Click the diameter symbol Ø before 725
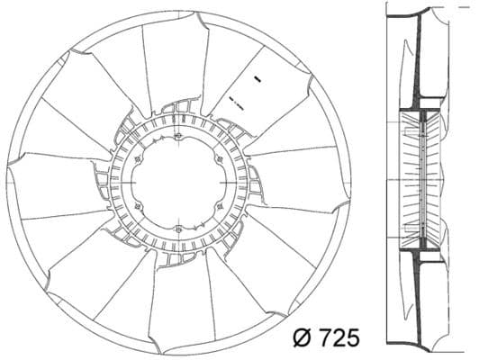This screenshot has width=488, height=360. [303, 338]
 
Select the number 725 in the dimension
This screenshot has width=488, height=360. [337, 338]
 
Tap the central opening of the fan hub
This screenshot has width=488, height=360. [179, 184]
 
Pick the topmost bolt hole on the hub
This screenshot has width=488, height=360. [179, 137]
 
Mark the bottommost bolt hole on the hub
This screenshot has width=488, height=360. [179, 230]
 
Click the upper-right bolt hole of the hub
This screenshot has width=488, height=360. [221, 160]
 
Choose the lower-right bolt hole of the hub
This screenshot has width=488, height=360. [221, 207]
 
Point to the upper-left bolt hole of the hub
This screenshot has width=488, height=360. [138, 160]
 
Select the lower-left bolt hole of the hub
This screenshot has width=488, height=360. [138, 207]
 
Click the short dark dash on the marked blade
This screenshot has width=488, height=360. [256, 78]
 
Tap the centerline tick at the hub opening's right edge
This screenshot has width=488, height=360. [226, 184]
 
